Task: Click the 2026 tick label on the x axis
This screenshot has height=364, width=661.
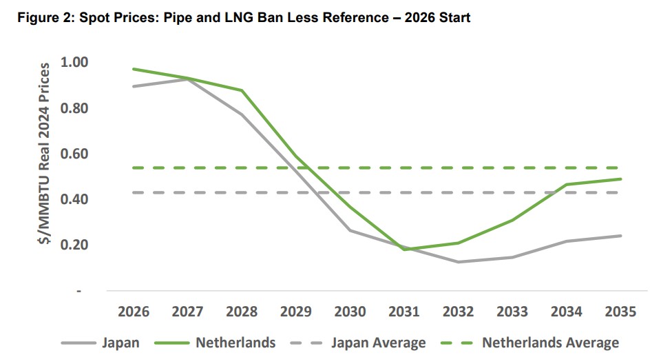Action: tap(134, 312)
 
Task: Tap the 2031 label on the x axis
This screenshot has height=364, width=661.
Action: tap(403, 312)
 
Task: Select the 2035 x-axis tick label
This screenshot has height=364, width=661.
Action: tap(620, 312)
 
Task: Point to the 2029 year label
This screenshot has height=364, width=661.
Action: tap(296, 312)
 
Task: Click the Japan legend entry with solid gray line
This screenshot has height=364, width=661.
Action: tap(120, 343)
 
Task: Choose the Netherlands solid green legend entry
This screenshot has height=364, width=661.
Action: tap(235, 343)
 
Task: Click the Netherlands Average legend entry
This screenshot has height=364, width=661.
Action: tap(550, 343)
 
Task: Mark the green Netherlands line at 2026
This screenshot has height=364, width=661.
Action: tap(134, 69)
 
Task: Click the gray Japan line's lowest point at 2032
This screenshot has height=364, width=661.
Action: tap(458, 262)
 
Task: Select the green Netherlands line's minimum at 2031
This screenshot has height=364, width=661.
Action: tap(403, 249)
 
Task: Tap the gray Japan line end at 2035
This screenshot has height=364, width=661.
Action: tap(621, 236)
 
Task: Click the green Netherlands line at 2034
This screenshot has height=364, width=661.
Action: tap(567, 184)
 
